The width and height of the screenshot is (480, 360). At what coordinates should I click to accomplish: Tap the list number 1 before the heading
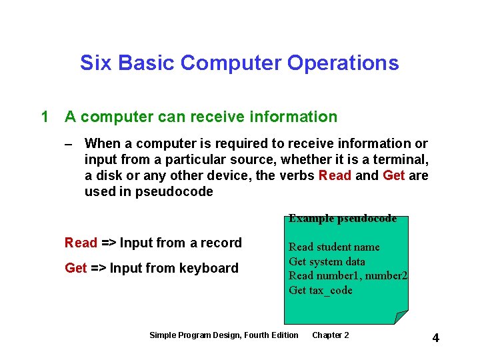point(45,117)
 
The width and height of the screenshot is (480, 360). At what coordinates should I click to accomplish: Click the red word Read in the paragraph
point(335,176)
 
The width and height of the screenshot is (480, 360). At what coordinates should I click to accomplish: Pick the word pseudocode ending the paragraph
point(174,192)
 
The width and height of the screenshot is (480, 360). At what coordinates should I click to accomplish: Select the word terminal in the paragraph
point(397,160)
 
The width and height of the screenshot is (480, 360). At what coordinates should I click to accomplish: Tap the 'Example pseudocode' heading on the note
point(343,219)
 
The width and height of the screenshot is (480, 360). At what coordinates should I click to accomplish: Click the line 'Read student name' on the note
point(334,247)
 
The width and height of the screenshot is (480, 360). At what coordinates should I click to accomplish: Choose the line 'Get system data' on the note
point(327,261)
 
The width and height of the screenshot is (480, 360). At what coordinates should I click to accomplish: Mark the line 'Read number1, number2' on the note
point(348,276)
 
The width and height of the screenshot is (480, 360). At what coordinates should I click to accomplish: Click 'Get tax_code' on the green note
point(321,290)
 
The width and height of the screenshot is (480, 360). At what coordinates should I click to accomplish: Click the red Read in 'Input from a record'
point(81,243)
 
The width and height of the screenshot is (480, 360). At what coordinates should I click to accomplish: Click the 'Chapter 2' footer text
point(330,335)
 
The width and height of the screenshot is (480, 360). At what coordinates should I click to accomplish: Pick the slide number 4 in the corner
point(435,338)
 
